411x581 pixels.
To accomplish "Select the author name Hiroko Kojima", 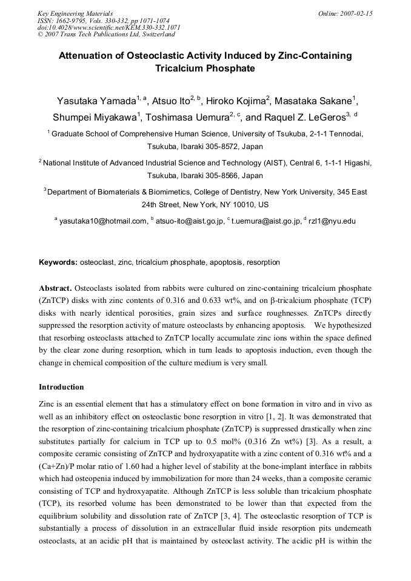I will [x=235, y=101].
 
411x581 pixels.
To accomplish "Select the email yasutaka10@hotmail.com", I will [x=102, y=221].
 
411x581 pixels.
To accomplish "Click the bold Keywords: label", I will [x=58, y=262].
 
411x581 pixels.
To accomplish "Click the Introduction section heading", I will [x=61, y=387].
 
